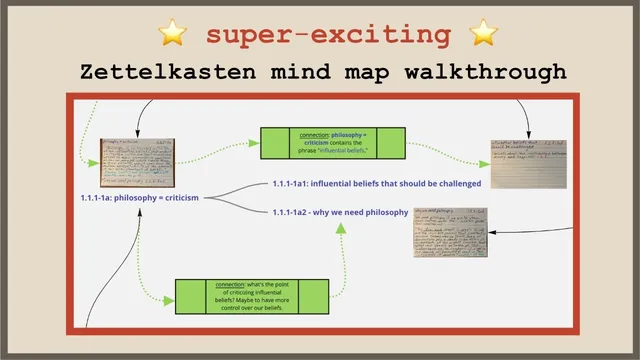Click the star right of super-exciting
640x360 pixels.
pos(483,35)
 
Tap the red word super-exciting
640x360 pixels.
pos(328,35)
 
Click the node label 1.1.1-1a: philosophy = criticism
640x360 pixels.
pos(140,198)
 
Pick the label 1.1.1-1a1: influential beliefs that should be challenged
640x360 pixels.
pos(377,184)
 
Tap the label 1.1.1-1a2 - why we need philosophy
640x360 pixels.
pos(340,212)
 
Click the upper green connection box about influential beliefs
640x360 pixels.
pos(333,142)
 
